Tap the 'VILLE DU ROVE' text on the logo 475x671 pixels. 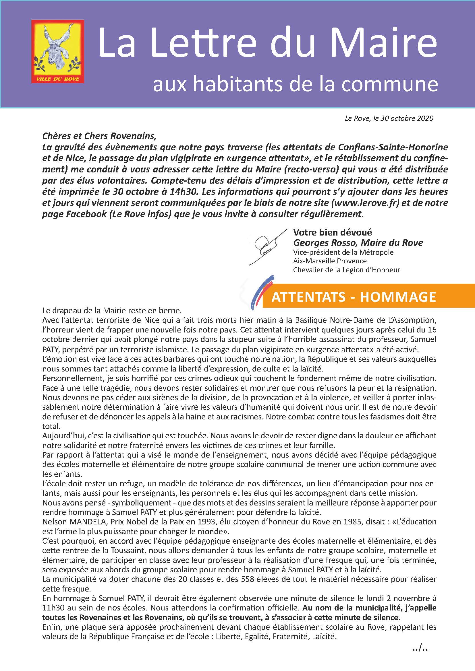pos(58,79)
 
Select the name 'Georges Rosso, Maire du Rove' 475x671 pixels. pos(358,243)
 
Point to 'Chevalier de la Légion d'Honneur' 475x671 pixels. pos(346,270)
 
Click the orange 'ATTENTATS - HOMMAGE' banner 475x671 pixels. pos(354,297)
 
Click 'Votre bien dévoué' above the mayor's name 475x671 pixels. pos(333,232)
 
